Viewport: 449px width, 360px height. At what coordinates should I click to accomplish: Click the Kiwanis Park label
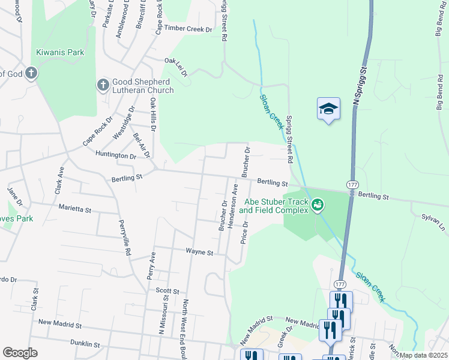click(60, 52)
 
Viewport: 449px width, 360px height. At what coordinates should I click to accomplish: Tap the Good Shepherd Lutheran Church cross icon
click(103, 86)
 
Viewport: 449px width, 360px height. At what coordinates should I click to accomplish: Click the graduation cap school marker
click(328, 109)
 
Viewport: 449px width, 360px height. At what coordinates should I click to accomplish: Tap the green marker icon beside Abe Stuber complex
click(318, 206)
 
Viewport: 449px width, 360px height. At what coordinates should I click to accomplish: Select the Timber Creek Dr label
click(189, 28)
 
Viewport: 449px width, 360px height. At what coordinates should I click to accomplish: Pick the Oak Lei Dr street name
click(176, 67)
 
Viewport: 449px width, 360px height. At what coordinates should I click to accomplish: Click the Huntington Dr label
click(116, 155)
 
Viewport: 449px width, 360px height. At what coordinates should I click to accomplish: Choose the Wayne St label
click(199, 253)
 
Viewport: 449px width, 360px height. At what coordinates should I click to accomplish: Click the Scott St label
click(167, 290)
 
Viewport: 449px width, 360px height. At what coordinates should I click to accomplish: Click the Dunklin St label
click(85, 344)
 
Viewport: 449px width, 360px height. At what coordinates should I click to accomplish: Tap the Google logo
click(20, 353)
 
